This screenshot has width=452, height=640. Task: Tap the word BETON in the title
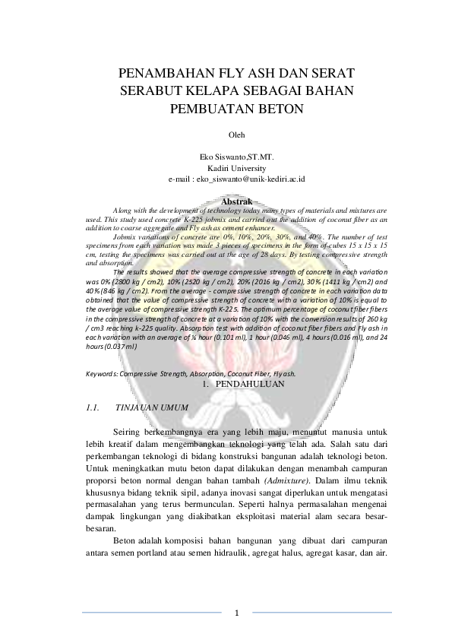coord(279,108)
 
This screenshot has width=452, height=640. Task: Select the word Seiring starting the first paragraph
coord(128,431)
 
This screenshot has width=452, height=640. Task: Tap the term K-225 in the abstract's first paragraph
coord(180,217)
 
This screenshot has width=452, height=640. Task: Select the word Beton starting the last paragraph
coord(125,540)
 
